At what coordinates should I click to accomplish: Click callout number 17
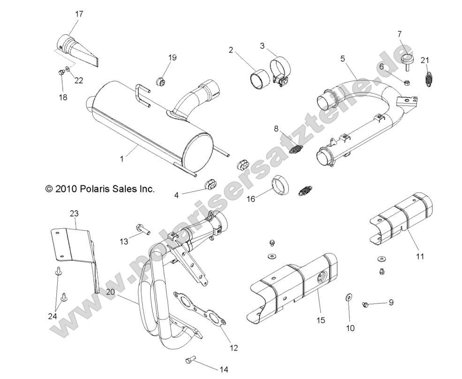tap(79, 15)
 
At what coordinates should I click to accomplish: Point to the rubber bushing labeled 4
tap(210, 184)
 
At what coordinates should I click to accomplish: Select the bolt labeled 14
tap(189, 360)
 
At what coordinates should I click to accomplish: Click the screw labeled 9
tap(365, 305)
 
